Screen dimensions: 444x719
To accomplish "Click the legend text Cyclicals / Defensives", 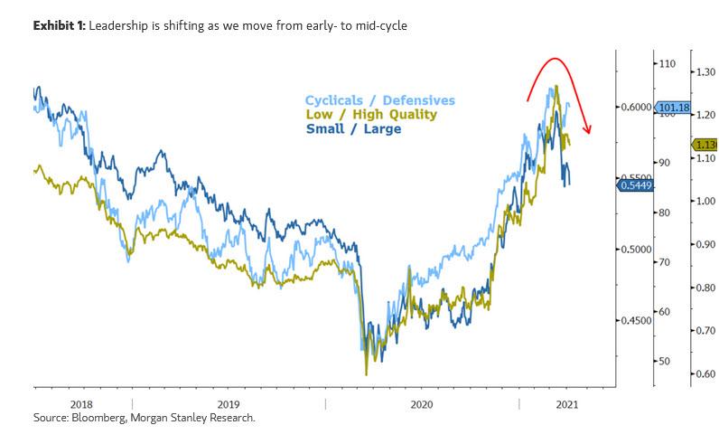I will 379,100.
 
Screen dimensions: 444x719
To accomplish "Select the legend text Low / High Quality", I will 370,115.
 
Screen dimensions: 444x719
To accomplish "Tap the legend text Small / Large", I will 353,129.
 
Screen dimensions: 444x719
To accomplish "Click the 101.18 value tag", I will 672,108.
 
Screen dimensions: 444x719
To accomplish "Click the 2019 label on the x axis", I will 228,406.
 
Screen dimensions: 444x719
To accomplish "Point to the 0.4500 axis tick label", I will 634,320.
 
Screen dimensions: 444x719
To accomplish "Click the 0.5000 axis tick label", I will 634,249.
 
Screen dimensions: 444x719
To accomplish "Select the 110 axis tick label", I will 668,64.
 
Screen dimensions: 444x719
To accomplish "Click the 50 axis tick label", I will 665,361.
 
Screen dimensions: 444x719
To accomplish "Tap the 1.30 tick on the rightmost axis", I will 704,71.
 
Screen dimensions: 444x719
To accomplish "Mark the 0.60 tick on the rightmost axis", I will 704,374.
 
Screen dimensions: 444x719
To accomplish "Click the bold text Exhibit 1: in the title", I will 59,24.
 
